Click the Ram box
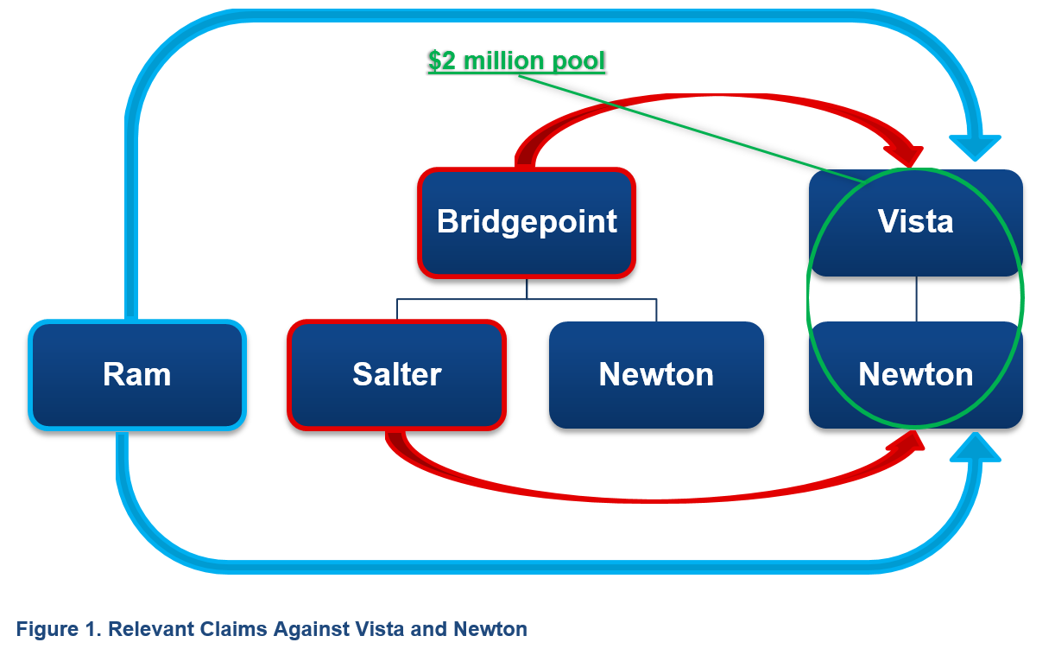point(137,374)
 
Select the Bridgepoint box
point(527,222)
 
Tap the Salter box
point(396,374)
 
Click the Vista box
point(915,222)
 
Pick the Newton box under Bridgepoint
point(656,374)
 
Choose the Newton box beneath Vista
point(915,374)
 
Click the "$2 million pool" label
point(516,61)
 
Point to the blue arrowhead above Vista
point(975,145)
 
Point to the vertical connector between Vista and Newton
point(916,299)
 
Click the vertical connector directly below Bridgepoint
point(527,288)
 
